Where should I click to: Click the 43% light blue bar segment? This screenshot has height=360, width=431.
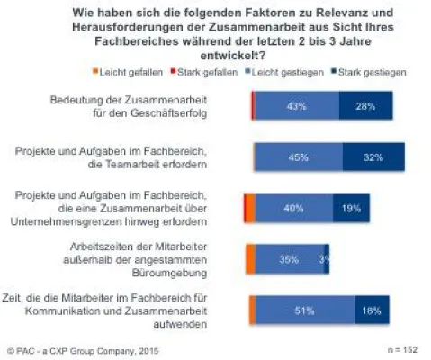[x=297, y=107]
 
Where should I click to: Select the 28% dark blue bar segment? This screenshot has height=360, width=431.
[x=365, y=107]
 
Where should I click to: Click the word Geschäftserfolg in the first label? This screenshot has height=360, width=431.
[x=185, y=114]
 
